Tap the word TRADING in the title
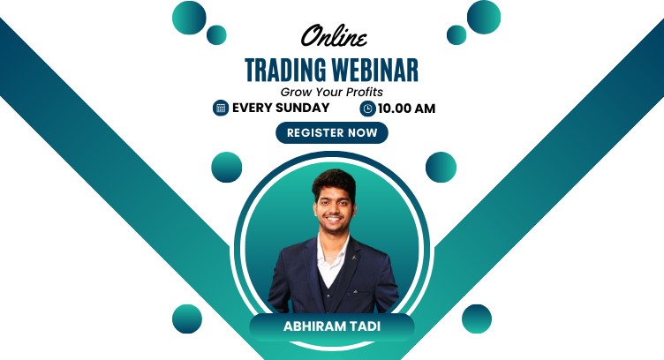click(x=288, y=70)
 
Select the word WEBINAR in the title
click(x=375, y=70)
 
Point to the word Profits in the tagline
click(x=362, y=91)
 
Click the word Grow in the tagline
click(x=295, y=91)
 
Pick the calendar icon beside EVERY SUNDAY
click(x=221, y=108)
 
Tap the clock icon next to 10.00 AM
click(x=367, y=109)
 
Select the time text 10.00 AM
click(x=406, y=109)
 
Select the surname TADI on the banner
click(x=364, y=326)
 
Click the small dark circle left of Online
click(x=216, y=34)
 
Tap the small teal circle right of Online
click(x=456, y=34)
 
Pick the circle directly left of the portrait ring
click(x=227, y=167)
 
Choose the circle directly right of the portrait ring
click(x=441, y=167)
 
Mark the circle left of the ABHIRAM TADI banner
click(x=187, y=319)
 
